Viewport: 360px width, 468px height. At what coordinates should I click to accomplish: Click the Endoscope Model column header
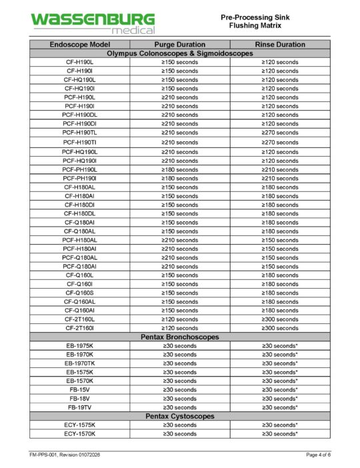[x=79, y=44]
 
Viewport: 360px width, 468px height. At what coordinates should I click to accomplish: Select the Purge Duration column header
[x=179, y=44]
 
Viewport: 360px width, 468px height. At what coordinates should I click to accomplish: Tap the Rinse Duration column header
[x=279, y=44]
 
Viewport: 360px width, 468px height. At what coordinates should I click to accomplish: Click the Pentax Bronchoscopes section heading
[x=179, y=337]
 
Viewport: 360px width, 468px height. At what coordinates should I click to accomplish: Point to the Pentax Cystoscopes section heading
[x=179, y=416]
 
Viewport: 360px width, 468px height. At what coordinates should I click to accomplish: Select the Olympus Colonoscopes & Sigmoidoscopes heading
[x=179, y=53]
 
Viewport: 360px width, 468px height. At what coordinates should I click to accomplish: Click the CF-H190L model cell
[x=79, y=62]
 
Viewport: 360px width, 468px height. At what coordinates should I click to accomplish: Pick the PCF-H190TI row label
[x=79, y=142]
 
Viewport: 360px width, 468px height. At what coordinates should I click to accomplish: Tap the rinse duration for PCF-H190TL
[x=279, y=133]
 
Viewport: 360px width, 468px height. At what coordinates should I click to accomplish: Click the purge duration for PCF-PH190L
[x=179, y=169]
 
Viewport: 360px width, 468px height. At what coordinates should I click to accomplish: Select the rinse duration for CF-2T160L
[x=279, y=319]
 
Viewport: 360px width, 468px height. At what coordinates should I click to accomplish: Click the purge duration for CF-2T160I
[x=179, y=328]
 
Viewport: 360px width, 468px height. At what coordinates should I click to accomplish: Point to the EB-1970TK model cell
[x=79, y=363]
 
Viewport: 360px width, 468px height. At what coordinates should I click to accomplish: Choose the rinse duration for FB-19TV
[x=279, y=407]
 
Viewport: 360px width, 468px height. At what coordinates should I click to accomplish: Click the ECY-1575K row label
[x=79, y=425]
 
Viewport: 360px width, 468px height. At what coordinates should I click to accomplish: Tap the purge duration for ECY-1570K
[x=179, y=433]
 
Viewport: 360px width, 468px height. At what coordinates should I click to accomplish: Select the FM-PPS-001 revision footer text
[x=65, y=455]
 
